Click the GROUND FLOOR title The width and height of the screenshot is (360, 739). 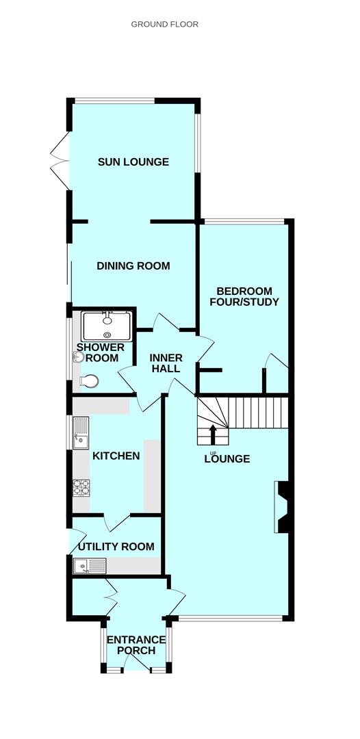[x=164, y=24]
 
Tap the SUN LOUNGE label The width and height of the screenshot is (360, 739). [x=133, y=162]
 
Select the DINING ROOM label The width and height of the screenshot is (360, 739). [x=133, y=265]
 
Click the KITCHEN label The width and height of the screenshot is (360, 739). [x=116, y=456]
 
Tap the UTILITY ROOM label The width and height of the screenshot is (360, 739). [x=116, y=547]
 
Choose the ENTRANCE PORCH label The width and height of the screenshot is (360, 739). [x=136, y=645]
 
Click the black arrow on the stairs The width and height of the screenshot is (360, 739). [x=213, y=434]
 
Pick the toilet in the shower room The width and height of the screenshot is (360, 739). [x=89, y=381]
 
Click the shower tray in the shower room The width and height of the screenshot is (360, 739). [x=107, y=325]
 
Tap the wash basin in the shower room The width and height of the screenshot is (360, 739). [x=77, y=359]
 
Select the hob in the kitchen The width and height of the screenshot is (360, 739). [x=81, y=488]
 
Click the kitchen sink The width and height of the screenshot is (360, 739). [x=81, y=433]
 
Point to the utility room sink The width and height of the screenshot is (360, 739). [x=90, y=565]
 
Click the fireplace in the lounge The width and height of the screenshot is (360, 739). [x=281, y=506]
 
